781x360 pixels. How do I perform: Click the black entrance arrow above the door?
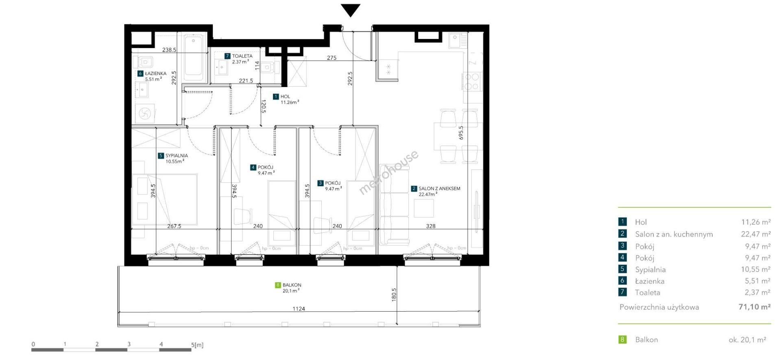pos(350,10)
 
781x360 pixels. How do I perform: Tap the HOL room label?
pos(285,97)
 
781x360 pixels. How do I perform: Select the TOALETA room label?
pos(242,56)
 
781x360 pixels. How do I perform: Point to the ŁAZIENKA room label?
pos(155,74)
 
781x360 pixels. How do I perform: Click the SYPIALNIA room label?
pos(177,156)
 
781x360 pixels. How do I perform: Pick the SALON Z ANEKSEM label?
pos(439,189)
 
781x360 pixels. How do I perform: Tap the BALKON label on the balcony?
pos(292,285)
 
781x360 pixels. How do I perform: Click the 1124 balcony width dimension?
pos(299,309)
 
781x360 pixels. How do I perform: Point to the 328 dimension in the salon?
pos(430,226)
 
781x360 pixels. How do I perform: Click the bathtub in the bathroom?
pos(193,57)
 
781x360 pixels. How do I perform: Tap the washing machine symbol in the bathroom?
pos(145,113)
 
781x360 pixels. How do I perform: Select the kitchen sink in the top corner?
pos(458,41)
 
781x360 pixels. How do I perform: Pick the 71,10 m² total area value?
pos(755,307)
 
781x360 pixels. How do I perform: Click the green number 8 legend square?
pos(622,339)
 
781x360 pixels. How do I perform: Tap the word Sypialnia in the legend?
pos(650,269)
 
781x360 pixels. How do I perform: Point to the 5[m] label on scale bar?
pos(197,345)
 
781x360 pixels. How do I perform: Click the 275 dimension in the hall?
pos(332,58)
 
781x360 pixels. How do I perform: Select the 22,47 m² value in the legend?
pos(756,234)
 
